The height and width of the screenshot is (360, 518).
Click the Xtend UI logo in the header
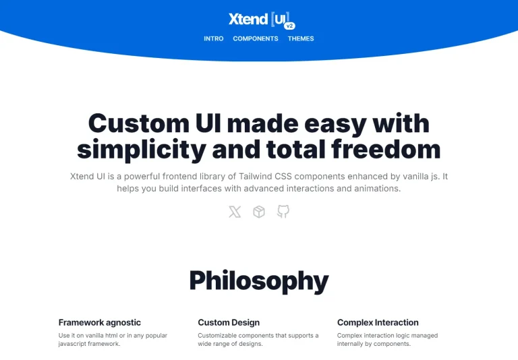[x=258, y=19]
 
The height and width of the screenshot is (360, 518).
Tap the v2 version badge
[x=289, y=26]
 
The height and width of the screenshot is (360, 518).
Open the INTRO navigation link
[x=214, y=39]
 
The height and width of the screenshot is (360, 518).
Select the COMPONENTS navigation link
[x=256, y=39]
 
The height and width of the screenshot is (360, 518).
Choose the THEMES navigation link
[x=301, y=39]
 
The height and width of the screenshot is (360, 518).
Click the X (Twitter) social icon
[x=235, y=212]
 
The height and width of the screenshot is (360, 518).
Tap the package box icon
[x=259, y=212]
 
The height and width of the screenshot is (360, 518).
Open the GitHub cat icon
[x=283, y=212]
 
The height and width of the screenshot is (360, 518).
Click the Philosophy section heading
[x=259, y=280]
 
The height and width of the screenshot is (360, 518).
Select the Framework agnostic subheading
[x=100, y=323]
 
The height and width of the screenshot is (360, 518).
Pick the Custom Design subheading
[x=229, y=323]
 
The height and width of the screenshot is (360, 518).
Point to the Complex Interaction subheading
[x=378, y=323]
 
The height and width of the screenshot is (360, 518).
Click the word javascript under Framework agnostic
[x=74, y=344]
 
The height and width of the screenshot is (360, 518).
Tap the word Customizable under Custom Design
[x=219, y=335]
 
